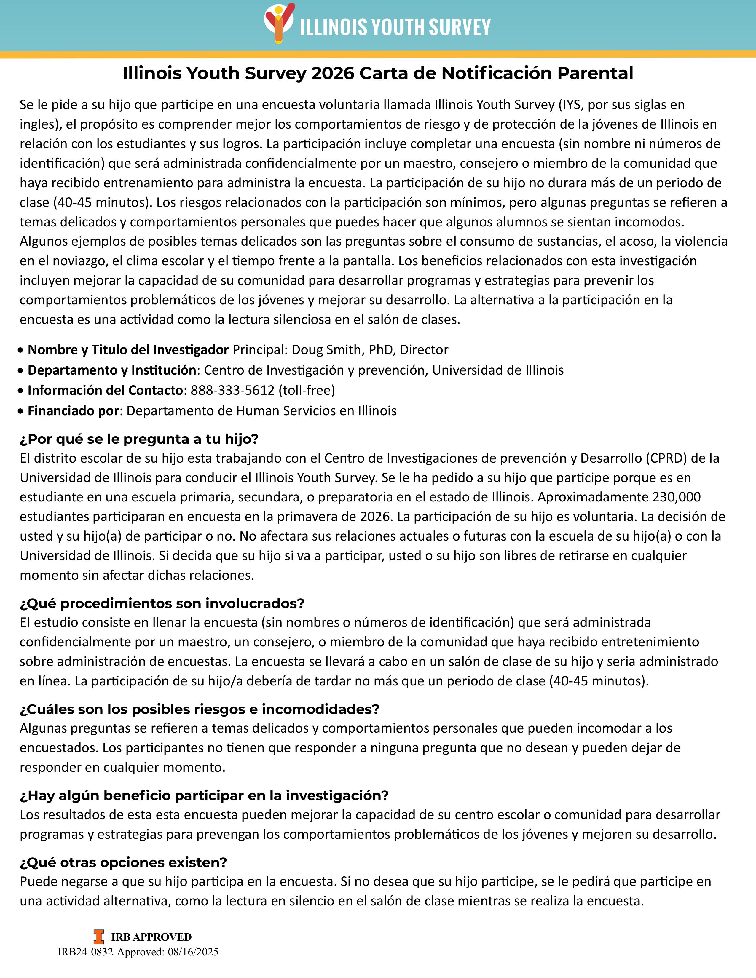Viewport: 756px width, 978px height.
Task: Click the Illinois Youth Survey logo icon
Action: coord(279,23)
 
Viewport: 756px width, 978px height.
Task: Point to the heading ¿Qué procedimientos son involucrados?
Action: coord(162,603)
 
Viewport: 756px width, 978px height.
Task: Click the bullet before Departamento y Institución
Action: coord(20,371)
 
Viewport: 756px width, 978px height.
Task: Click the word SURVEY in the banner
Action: coord(460,27)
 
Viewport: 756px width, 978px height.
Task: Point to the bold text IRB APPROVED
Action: coord(151,937)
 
